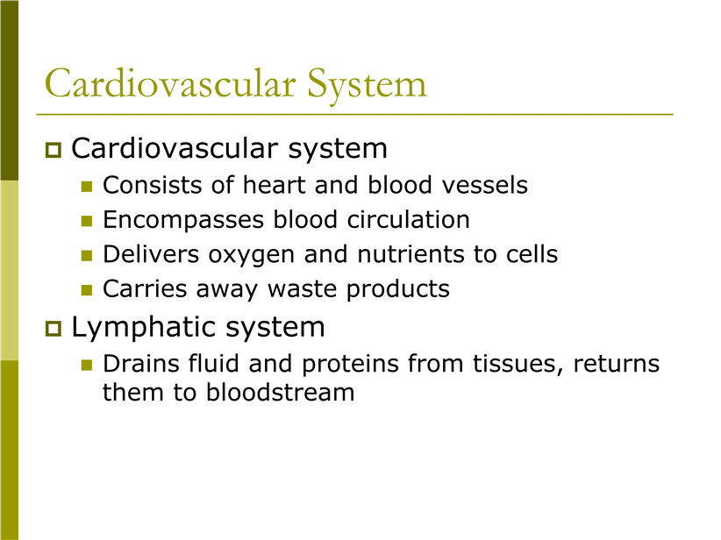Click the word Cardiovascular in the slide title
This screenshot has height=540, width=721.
[170, 82]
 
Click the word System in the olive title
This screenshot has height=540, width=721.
[367, 86]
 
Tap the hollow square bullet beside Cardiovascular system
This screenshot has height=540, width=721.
[54, 150]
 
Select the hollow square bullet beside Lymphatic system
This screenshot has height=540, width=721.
[54, 329]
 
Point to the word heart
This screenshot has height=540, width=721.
[274, 185]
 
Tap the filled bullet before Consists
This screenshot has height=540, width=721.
[87, 186]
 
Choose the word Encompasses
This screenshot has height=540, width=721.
[183, 221]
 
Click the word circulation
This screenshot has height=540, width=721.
[409, 220]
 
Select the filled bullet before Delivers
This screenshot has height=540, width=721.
[87, 255]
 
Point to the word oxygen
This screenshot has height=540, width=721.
[251, 256]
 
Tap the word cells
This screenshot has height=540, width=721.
[532, 254]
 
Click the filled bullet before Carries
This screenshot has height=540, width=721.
[87, 290]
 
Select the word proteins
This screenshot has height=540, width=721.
[350, 365]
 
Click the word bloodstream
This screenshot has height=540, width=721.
[280, 393]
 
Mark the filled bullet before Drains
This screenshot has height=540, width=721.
[87, 365]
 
